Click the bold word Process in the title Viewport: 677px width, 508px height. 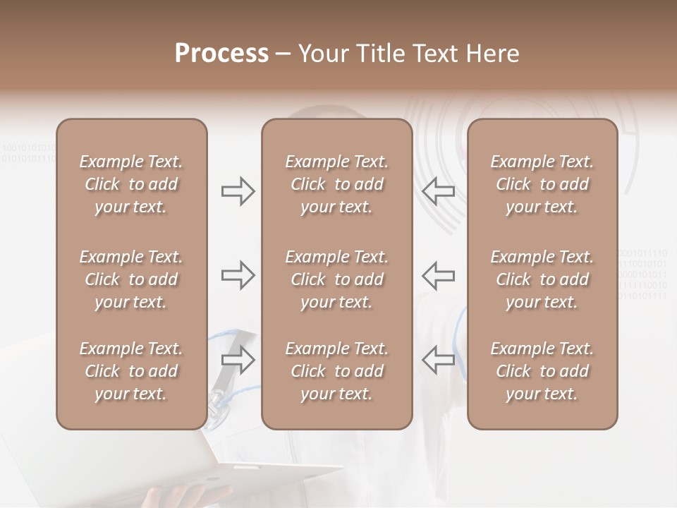[221, 54]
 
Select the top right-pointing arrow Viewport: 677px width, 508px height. [238, 190]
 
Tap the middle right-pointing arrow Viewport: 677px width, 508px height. [238, 274]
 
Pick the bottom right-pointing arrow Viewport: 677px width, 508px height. [238, 360]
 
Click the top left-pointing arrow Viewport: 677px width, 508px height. [438, 190]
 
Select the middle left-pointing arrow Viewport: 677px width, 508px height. [438, 274]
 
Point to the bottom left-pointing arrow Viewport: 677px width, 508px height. [438, 360]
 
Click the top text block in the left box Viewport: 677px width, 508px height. [131, 184]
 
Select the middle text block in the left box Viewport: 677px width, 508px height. [131, 279]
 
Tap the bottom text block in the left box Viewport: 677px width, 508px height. [131, 371]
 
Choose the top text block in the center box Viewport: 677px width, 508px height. [336, 184]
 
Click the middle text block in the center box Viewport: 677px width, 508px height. [336, 279]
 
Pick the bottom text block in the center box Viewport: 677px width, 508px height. [336, 371]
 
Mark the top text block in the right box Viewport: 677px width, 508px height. [542, 184]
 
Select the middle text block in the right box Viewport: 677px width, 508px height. [542, 279]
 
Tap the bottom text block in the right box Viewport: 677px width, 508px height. [542, 371]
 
